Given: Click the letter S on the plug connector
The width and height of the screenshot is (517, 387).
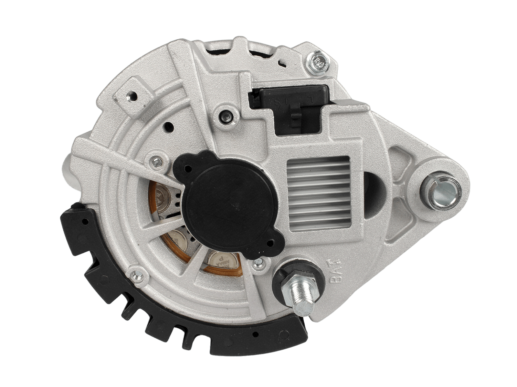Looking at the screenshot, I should click(277, 102).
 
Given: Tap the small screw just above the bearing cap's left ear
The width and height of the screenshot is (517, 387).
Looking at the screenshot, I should click(157, 162).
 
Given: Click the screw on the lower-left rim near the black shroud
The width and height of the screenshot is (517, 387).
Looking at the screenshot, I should click(137, 274).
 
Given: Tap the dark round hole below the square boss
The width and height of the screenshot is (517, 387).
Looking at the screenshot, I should click(168, 127).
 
